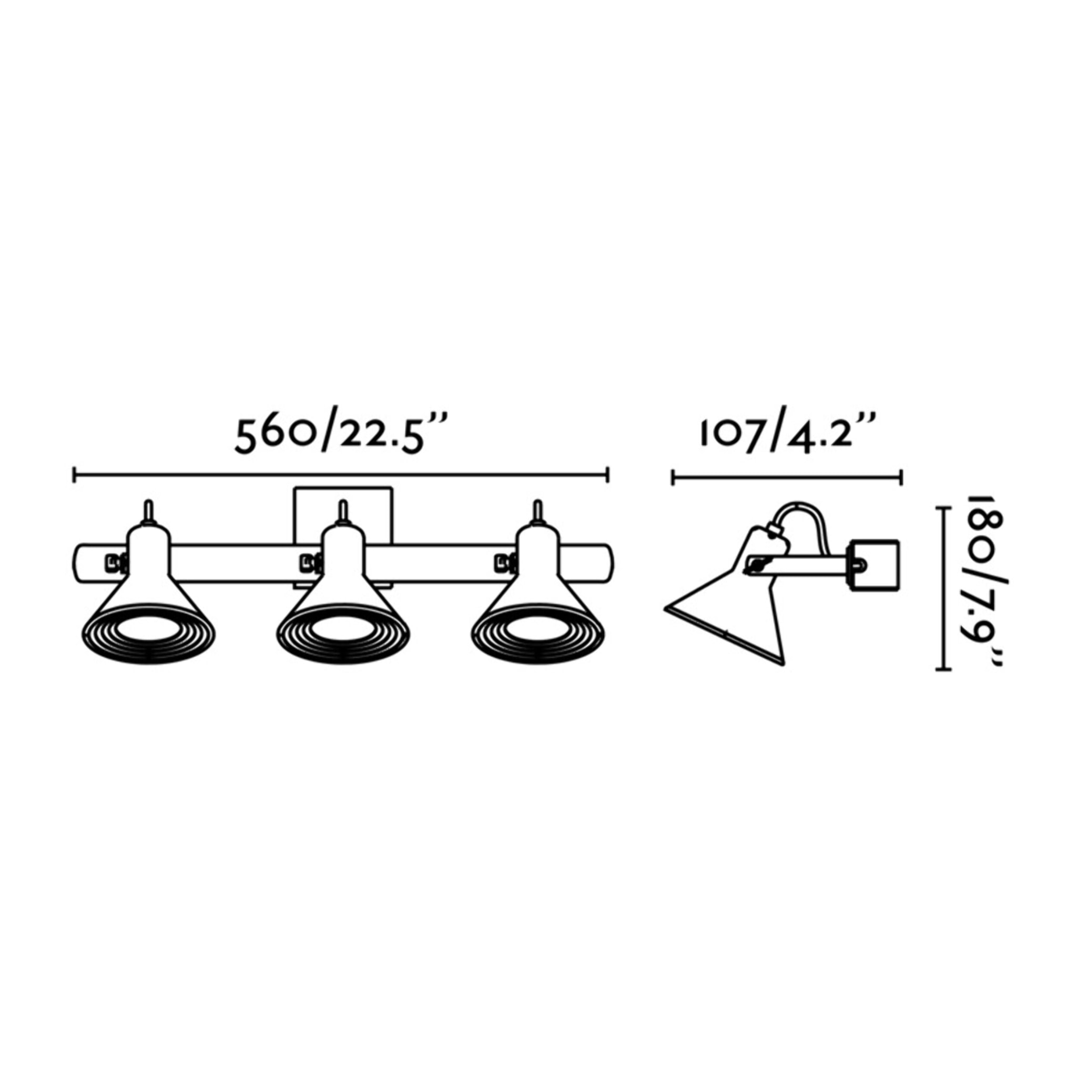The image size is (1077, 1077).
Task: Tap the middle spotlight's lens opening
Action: point(343,629)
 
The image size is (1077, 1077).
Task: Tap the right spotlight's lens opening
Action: point(537,629)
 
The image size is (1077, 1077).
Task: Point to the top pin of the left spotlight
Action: point(148,511)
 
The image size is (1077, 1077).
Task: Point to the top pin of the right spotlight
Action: point(537,511)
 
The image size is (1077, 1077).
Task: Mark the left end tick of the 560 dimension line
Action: point(75,475)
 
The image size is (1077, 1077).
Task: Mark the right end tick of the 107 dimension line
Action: point(901,477)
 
